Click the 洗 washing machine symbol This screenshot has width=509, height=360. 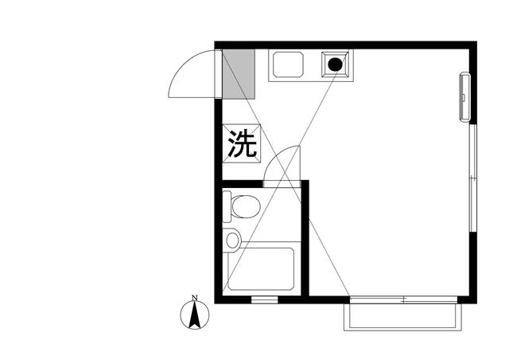pyautogui.click(x=243, y=144)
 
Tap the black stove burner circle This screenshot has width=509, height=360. pyautogui.click(x=336, y=64)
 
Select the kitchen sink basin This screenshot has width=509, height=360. pyautogui.click(x=288, y=65)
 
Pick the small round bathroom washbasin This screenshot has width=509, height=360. pyautogui.click(x=232, y=238)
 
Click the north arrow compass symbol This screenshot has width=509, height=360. pyautogui.click(x=193, y=317)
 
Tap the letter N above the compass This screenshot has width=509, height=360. pyautogui.click(x=193, y=299)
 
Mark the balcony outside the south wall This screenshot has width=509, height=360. pyautogui.click(x=402, y=316)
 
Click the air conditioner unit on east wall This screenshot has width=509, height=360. pyautogui.click(x=464, y=97)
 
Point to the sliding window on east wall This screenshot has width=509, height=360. pyautogui.click(x=472, y=177)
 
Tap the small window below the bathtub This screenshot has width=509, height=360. pyautogui.click(x=264, y=299)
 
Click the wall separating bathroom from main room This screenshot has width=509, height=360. pyautogui.click(x=305, y=239)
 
